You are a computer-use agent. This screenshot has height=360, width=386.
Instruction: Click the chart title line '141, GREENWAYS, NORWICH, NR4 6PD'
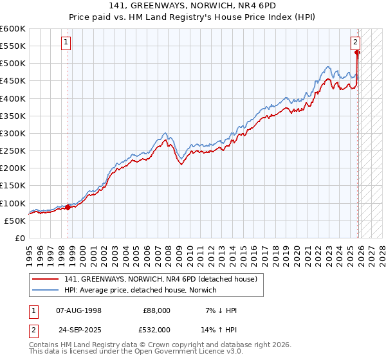point(193,7)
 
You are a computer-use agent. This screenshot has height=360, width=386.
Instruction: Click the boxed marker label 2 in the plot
point(355,42)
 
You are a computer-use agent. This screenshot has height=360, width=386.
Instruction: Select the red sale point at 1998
point(68,207)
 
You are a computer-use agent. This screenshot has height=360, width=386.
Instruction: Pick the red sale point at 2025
point(358,53)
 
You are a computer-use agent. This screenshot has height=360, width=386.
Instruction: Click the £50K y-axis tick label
point(15,221)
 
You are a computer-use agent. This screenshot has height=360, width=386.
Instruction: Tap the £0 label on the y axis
point(20,238)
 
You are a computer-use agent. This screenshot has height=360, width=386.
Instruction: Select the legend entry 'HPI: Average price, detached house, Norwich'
point(141,290)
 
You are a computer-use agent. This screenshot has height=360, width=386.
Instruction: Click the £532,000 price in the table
point(156,329)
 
